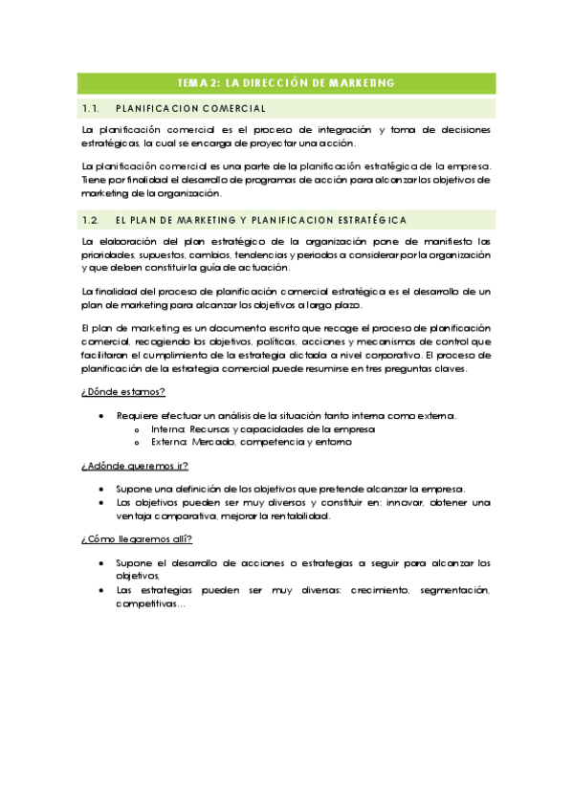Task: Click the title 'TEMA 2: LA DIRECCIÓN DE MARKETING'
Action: pyautogui.click(x=286, y=83)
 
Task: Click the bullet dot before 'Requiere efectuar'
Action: pyautogui.click(x=102, y=415)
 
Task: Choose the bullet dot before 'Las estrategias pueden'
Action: pyautogui.click(x=102, y=590)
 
